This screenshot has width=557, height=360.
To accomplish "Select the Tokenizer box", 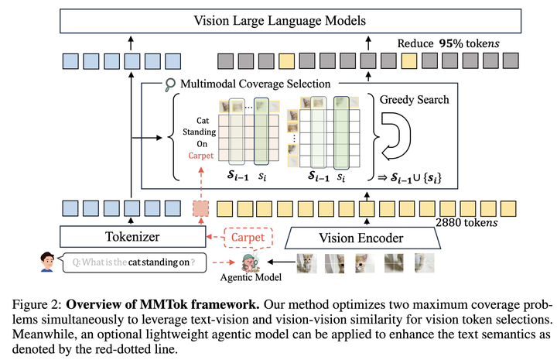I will [134, 237].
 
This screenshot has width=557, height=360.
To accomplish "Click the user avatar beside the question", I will [46, 262].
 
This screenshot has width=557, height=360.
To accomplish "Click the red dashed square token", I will [200, 207].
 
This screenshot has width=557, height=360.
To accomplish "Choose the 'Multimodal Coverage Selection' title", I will [245, 84].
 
